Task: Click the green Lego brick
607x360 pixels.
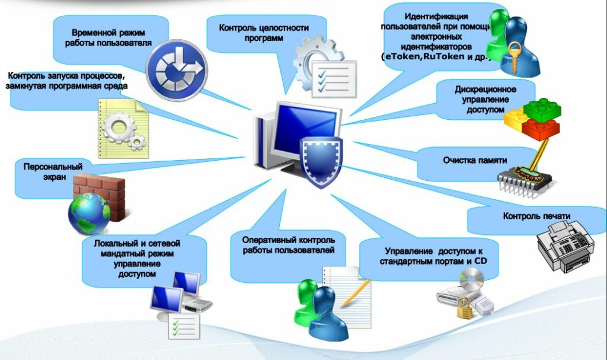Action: tap(541, 108)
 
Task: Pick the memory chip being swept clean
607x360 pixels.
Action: tap(521, 178)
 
